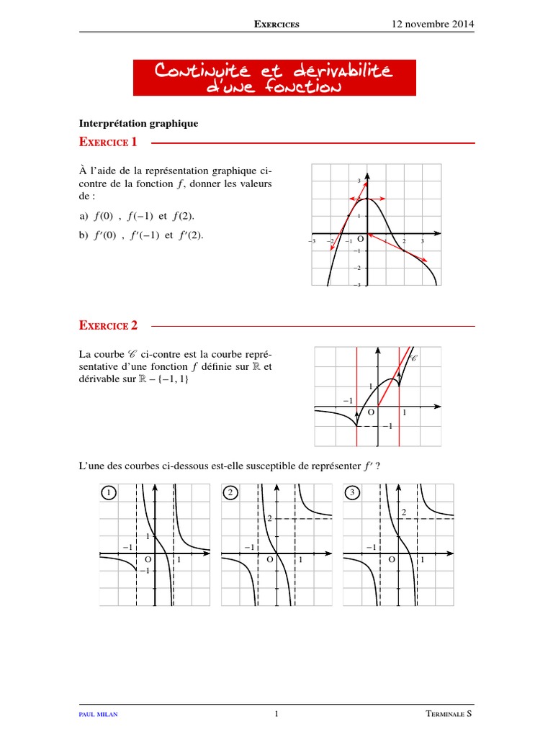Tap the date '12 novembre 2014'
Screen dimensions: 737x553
433,24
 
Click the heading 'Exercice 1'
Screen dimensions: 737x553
108,143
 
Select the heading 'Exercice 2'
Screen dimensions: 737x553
108,326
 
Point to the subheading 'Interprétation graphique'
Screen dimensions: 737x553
138,123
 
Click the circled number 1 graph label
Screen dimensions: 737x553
108,493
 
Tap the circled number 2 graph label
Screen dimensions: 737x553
230,493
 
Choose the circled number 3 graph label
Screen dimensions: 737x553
351,493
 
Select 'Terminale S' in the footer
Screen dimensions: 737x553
449,715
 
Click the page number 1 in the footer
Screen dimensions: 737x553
276,715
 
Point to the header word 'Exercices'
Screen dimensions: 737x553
277,24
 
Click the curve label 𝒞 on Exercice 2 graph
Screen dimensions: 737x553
414,358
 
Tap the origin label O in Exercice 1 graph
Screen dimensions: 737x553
360,239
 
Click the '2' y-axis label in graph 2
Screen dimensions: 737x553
269,519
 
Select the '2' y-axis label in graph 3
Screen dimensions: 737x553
404,512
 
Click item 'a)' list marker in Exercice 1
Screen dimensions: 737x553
84,216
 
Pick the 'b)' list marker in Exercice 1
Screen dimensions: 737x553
84,234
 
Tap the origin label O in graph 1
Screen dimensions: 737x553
148,559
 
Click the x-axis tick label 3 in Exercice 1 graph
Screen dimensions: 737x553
422,241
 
